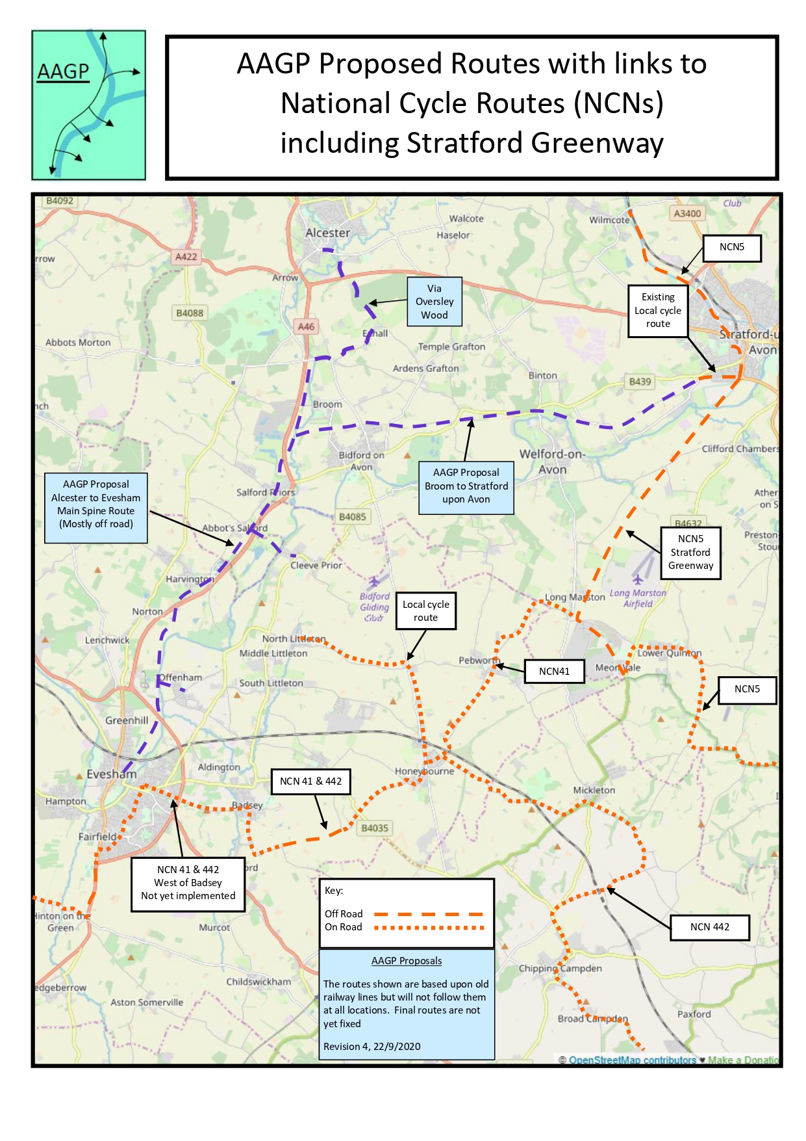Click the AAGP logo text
pos(62,71)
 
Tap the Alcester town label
pos(327,233)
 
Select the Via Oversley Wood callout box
pos(434,302)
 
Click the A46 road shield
pos(306,326)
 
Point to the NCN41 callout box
pos(554,672)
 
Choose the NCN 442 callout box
pos(709,927)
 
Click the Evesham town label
pos(112,774)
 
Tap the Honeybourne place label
pos(424,771)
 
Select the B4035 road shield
pos(375,828)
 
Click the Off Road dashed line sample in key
pos(429,914)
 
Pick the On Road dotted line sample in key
pos(429,928)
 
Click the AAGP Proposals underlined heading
pos(407,961)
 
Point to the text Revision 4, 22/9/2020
pos(372,1047)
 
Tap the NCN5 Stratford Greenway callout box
pos(690,553)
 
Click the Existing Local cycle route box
pos(657,311)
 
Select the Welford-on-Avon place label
pos(552,462)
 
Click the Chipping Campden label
pos(560,968)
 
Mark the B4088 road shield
pos(190,313)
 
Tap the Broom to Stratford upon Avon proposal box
pos(466,486)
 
